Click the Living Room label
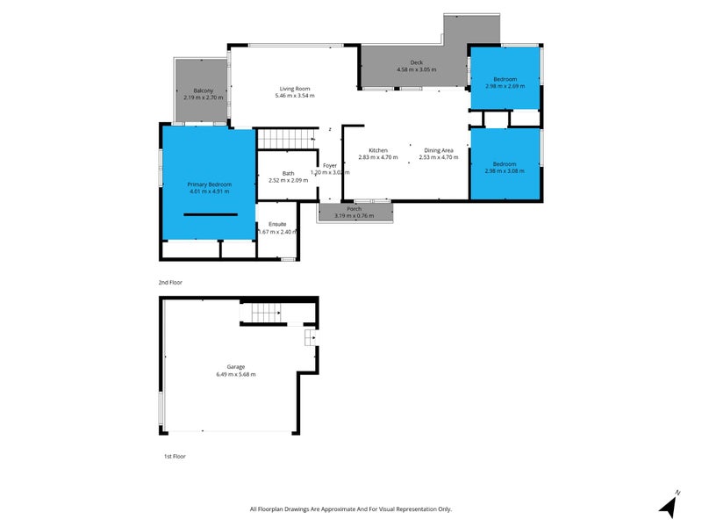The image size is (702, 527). coord(295,89)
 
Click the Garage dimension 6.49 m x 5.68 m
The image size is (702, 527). coord(236,374)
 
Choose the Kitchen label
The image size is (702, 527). coord(378,150)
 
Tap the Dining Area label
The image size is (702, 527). coord(439,150)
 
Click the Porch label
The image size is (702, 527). coord(355,208)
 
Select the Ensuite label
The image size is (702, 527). coord(277,224)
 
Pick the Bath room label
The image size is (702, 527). coord(288,173)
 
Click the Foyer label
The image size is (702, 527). coord(330,165)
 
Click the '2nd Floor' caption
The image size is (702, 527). coord(170,283)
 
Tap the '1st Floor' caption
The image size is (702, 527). coord(175,456)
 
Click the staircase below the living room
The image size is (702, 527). coord(286,139)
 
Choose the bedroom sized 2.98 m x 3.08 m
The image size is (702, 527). coord(505,164)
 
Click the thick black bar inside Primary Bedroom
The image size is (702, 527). coord(210,214)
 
